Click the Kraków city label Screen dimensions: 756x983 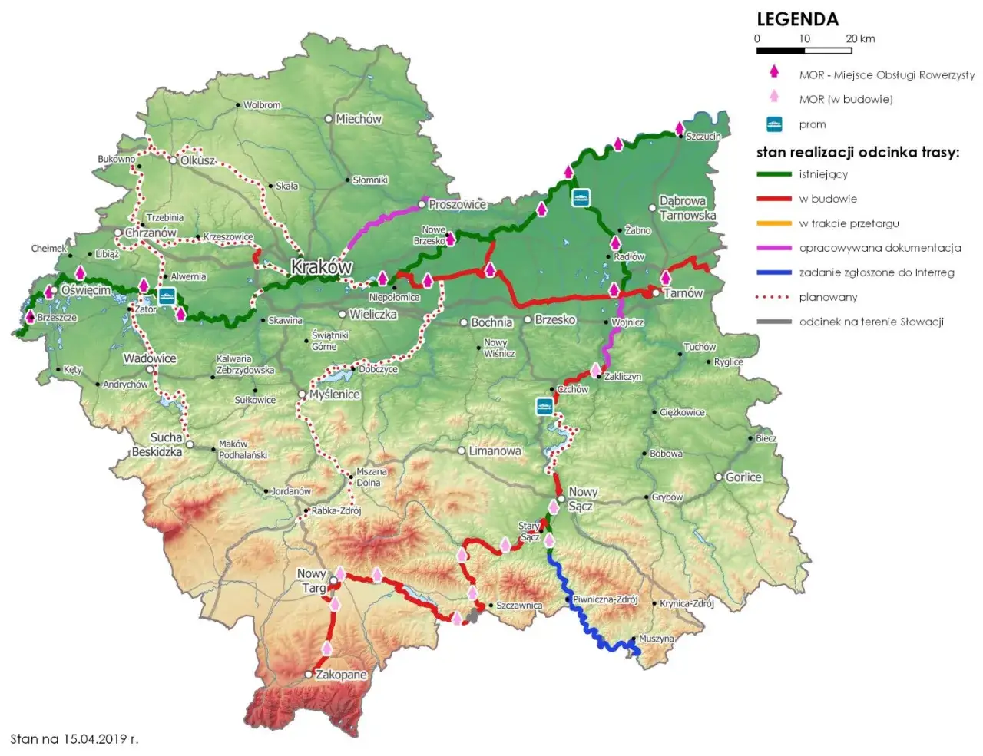[321, 267]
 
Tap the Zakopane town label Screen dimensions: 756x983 [341, 675]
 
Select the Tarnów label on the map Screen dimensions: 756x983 [683, 292]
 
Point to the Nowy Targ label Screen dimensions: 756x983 [312, 580]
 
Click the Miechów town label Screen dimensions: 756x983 [358, 119]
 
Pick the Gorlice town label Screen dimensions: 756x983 [743, 477]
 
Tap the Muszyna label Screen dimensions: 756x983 [657, 639]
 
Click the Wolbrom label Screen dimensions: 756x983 [262, 105]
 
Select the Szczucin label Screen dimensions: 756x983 [703, 137]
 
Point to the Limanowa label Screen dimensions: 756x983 [495, 451]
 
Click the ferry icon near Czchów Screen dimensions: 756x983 [544, 406]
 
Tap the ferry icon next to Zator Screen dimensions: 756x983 [167, 295]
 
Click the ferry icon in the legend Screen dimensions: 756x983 [774, 124]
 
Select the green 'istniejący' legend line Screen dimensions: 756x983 [774, 174]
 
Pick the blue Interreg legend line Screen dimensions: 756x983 [774, 272]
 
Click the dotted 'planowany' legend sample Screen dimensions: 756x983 [774, 297]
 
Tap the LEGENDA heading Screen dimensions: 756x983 [797, 19]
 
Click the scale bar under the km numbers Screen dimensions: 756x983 [804, 51]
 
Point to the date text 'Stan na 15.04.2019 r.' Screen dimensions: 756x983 [74, 739]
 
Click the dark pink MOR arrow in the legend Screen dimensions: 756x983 [774, 72]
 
